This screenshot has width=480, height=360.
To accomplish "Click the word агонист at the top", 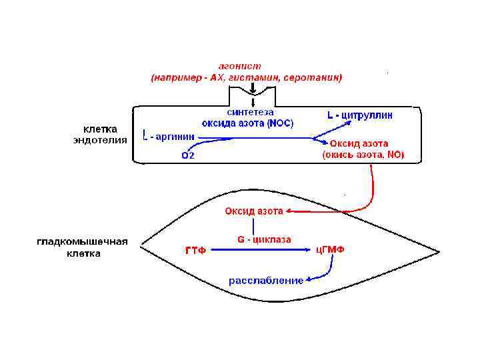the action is [240, 66].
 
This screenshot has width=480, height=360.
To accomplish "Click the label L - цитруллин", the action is [360, 115].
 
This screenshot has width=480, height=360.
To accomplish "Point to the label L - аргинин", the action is [169, 137].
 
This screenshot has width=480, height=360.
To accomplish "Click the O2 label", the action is [188, 156].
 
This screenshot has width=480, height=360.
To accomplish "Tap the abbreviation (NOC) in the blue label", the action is [280, 123].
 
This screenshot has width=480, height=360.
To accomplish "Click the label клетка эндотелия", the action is [100, 134].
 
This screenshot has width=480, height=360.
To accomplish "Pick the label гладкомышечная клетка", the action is [83, 247].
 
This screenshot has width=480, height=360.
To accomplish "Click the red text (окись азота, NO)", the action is [363, 155].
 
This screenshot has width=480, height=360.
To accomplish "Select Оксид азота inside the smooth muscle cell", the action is [253, 211].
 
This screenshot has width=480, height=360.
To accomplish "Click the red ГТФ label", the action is [195, 251].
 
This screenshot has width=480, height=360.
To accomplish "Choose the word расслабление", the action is [266, 281].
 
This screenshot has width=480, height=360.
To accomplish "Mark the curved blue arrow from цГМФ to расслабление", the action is [325, 272].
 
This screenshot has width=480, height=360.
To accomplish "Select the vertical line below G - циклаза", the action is [253, 227].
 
